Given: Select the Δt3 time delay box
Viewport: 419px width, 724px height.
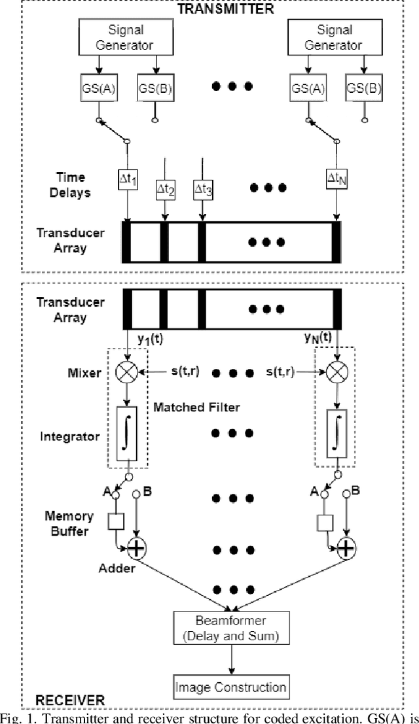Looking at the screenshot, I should [204, 190].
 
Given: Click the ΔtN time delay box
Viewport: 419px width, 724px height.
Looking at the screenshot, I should [337, 178].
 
